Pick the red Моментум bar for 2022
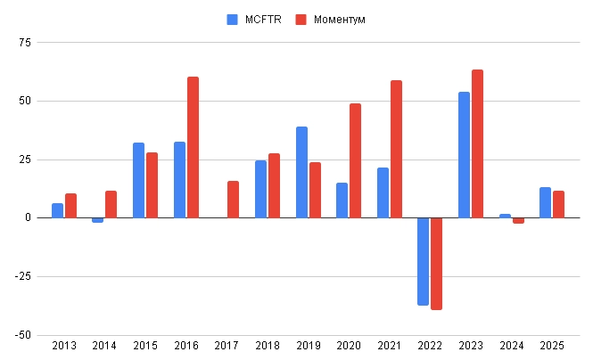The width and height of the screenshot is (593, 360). [436, 264]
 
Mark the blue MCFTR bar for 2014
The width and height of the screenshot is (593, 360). [97, 220]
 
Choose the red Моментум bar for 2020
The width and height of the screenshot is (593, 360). [355, 160]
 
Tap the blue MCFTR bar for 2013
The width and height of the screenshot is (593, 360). [57, 210]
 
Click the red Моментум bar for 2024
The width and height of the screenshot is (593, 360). [518, 220]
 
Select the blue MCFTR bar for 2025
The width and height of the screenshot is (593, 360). [545, 202]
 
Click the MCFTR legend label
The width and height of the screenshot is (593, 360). [263, 20]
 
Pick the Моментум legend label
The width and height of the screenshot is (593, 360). [339, 20]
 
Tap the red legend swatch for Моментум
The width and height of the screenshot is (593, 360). [301, 20]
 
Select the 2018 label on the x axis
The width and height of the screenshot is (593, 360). [267, 346]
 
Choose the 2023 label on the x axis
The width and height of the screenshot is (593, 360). [470, 346]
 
